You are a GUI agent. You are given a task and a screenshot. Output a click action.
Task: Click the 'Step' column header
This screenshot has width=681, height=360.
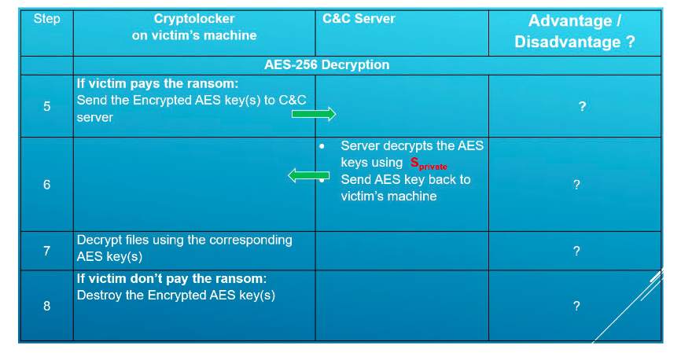click(x=46, y=19)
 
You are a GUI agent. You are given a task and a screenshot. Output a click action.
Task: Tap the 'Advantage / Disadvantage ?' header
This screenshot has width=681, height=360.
click(x=575, y=31)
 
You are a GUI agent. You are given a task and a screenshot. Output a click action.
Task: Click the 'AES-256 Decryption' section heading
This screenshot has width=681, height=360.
click(x=326, y=65)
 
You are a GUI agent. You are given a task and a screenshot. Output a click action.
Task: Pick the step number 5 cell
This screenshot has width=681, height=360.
click(x=46, y=106)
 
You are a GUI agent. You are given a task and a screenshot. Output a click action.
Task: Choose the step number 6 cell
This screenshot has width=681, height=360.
click(x=46, y=185)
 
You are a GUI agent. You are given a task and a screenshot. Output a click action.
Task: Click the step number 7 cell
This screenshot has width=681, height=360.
click(x=46, y=251)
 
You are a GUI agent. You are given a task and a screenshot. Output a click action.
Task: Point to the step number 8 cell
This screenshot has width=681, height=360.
click(x=46, y=306)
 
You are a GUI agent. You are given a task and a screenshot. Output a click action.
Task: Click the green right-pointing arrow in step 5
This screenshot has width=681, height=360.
click(x=313, y=115)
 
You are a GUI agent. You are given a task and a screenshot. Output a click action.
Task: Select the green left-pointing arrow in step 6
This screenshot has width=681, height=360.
click(x=308, y=175)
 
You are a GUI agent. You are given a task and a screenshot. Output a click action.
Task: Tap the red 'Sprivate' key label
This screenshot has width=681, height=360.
click(x=429, y=163)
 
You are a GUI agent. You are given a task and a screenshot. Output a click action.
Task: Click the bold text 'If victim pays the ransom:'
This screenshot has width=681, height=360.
click(x=156, y=83)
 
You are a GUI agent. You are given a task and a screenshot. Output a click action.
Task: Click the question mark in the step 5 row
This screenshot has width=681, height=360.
click(x=582, y=107)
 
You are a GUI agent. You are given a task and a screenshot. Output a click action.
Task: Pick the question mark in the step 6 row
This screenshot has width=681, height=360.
click(x=576, y=185)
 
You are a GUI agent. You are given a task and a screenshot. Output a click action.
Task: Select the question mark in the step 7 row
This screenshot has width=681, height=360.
click(x=576, y=251)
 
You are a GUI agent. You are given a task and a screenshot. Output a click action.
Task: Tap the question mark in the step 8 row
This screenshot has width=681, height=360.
click(x=576, y=306)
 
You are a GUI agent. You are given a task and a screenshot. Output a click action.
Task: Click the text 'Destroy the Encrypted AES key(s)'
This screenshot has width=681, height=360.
click(x=175, y=296)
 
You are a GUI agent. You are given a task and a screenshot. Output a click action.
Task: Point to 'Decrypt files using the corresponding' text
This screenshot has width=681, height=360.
click(x=184, y=240)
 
